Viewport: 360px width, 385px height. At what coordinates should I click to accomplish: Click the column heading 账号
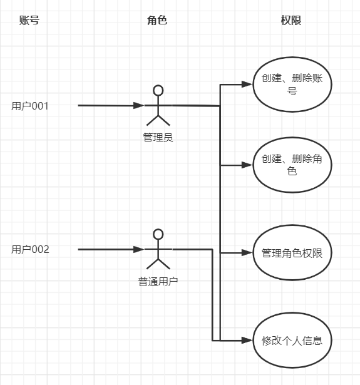29,20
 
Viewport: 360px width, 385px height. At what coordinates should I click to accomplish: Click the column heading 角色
157,20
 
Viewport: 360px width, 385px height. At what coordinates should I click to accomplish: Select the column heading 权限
291,20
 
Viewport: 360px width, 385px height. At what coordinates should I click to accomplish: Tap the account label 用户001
30,106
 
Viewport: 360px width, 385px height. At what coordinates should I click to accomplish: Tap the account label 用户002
30,249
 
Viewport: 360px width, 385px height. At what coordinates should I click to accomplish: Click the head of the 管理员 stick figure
158,90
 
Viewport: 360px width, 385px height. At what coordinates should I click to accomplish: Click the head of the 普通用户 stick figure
158,234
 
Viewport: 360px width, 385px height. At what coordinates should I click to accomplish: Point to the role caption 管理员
158,138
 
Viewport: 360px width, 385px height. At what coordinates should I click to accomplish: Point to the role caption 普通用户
158,281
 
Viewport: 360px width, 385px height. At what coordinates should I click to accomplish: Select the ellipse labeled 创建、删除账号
292,57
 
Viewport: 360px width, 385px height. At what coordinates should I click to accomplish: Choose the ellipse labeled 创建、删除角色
292,138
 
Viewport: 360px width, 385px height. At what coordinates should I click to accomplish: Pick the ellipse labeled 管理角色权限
292,225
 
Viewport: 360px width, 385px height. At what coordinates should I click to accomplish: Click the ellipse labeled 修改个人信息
292,313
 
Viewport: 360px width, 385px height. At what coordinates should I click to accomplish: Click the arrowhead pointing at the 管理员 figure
139,106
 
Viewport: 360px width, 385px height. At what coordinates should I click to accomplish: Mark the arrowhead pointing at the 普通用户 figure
139,249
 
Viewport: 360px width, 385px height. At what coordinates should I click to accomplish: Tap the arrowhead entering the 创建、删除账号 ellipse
247,85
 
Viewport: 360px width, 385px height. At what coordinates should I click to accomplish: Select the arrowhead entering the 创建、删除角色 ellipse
247,165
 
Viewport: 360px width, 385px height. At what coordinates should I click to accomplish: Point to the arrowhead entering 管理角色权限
247,253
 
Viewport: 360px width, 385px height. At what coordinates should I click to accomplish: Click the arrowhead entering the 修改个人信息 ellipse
247,341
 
